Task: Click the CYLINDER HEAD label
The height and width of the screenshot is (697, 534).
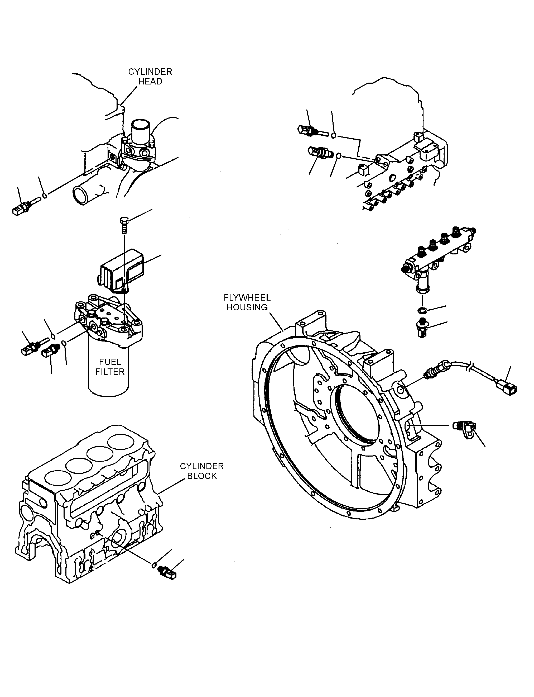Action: (150, 77)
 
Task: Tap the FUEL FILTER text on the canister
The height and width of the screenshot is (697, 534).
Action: (110, 367)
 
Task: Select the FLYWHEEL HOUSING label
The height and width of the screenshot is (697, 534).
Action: (247, 302)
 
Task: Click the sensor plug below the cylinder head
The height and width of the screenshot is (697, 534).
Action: (25, 206)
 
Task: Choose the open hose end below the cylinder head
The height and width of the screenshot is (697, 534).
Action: (81, 195)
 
